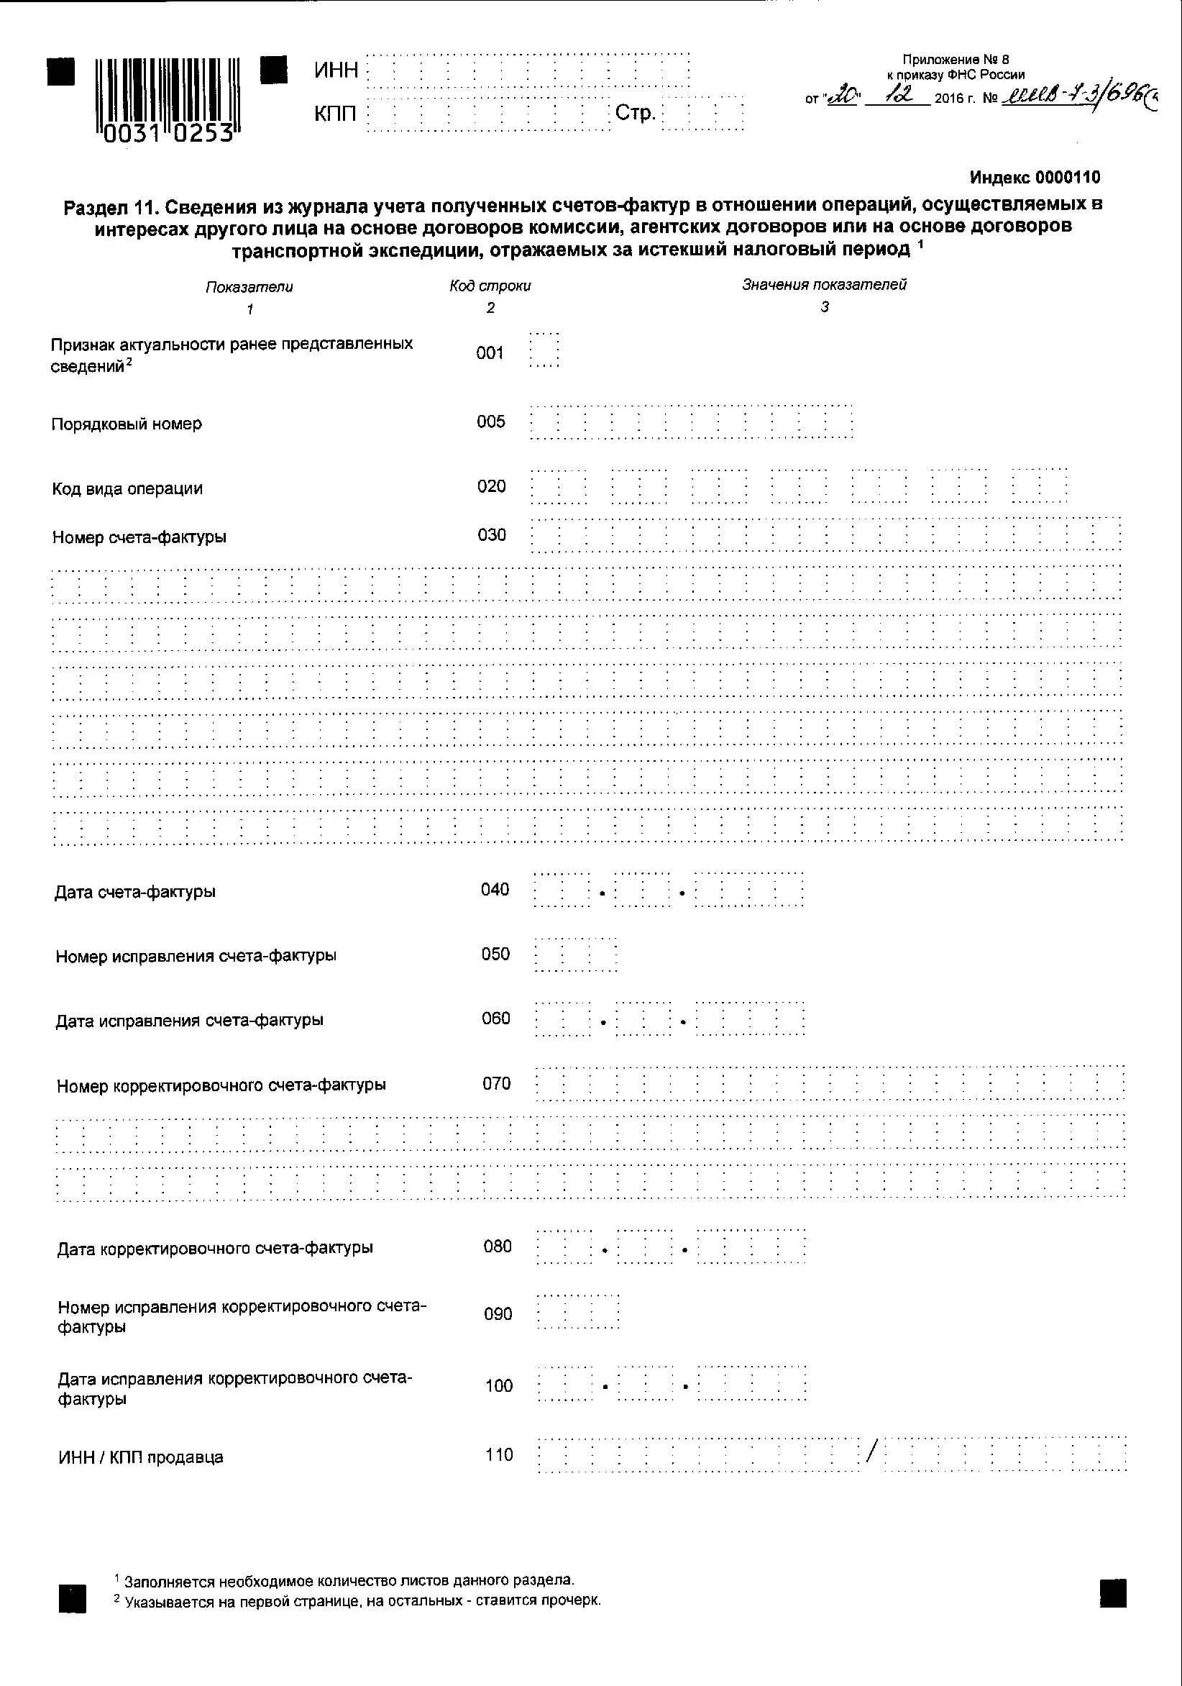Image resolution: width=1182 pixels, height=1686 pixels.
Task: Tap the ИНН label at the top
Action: (x=336, y=70)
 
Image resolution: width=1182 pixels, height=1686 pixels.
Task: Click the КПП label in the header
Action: (x=336, y=114)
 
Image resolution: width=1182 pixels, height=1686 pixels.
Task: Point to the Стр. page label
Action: (x=635, y=113)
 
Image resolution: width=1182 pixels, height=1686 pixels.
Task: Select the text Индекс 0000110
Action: (x=1035, y=177)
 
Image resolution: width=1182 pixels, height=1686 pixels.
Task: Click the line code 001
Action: (x=490, y=353)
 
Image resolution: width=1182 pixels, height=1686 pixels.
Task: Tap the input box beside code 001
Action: (x=544, y=350)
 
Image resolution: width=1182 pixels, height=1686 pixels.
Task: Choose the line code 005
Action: (x=490, y=421)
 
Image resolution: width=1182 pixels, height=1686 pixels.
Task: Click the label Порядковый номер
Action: (x=127, y=424)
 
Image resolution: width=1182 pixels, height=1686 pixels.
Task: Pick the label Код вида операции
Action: (x=127, y=489)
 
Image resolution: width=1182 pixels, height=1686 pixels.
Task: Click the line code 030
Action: (x=491, y=535)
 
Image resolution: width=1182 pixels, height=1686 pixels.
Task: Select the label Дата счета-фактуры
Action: (x=135, y=892)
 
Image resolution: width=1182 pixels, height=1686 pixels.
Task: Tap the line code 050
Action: (x=495, y=954)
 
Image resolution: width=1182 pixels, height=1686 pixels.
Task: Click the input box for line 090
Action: (x=578, y=1311)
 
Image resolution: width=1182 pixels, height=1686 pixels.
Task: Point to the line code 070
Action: (x=496, y=1083)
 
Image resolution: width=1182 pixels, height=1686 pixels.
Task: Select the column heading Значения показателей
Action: (x=824, y=285)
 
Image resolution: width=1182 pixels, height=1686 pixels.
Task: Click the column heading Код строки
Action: (x=490, y=286)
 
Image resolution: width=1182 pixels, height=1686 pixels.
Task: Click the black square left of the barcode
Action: (x=61, y=72)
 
